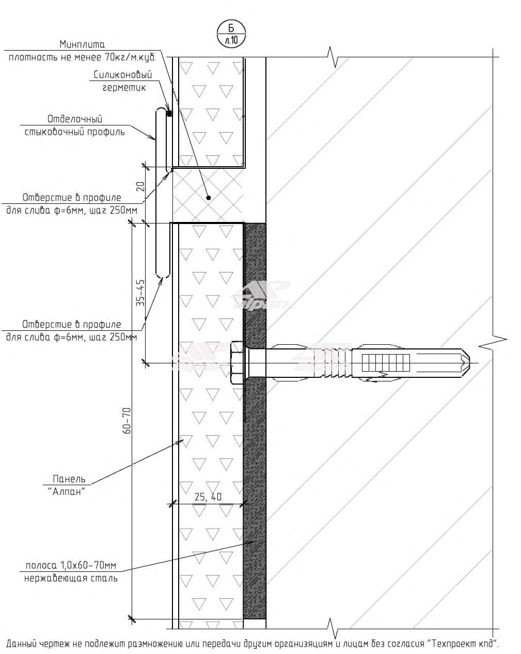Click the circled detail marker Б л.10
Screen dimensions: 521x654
coord(231,34)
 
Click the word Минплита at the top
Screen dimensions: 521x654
coord(82,44)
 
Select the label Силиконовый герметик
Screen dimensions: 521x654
coord(123,81)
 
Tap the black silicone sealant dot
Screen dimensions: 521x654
coord(169,114)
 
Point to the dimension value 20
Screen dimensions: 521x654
coord(140,186)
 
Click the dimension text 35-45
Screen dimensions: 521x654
coord(140,293)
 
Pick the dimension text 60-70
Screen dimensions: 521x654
coord(127,420)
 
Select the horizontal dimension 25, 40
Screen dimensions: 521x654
coord(208,497)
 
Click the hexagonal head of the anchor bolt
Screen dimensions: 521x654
coord(237,362)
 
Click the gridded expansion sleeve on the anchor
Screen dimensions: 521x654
coord(385,362)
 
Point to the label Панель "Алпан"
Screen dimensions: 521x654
coord(68,485)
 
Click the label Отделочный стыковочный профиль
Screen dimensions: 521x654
coord(75,125)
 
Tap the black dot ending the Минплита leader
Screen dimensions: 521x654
coord(209,198)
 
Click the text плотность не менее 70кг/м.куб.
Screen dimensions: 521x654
coord(82,57)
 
